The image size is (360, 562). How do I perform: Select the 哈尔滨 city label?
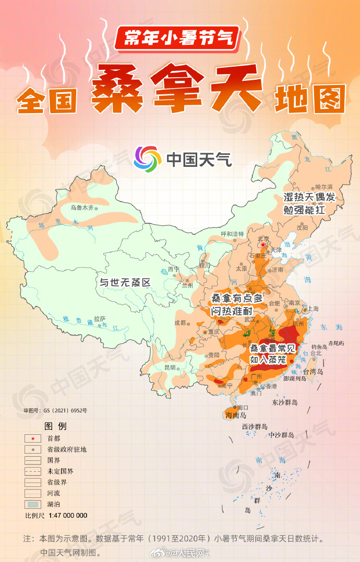(x=323, y=186)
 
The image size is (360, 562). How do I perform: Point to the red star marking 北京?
(x=263, y=244)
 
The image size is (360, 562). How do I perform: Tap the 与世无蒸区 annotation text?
(x=125, y=283)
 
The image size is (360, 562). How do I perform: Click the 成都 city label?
(x=180, y=323)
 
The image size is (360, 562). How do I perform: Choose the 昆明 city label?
(x=170, y=367)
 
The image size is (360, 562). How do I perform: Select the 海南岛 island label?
(x=236, y=416)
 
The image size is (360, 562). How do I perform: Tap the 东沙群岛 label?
(x=284, y=402)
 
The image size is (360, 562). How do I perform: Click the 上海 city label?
(x=314, y=308)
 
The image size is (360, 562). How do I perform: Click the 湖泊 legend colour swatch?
(x=33, y=504)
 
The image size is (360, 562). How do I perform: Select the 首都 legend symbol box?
(x=33, y=438)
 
